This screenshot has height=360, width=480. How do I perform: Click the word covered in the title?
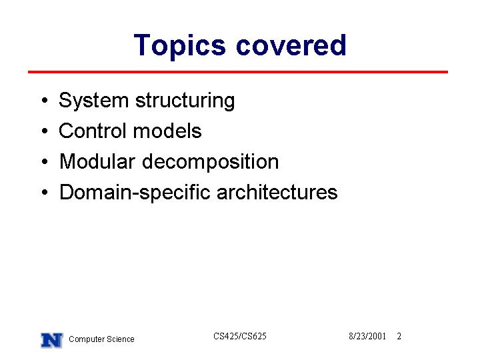pos(291,45)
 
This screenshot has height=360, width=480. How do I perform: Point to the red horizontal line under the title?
pos(238,72)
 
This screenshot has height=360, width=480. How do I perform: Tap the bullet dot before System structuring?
pos(45,100)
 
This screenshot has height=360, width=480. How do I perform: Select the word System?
pos(94,101)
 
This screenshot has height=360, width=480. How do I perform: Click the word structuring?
pos(185,101)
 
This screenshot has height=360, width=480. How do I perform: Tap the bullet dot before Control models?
pos(45,131)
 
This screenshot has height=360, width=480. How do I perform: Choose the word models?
pos(167,131)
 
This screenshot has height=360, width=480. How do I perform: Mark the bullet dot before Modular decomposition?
pos(45,161)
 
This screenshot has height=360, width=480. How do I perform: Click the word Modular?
pos(97,161)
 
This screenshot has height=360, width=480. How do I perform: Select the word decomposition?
pos(211,162)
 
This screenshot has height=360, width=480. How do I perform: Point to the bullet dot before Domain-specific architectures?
pos(45,192)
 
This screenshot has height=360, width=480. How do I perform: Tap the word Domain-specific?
pos(135,193)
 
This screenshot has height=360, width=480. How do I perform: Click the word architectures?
pos(277,192)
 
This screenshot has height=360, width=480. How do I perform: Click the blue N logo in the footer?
pos(52,340)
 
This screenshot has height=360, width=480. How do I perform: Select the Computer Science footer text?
pos(101,339)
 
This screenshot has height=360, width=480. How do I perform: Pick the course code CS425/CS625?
pos(240,336)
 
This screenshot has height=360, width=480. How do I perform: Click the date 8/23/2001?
pos(367,336)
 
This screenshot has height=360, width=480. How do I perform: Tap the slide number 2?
pos(399,336)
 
